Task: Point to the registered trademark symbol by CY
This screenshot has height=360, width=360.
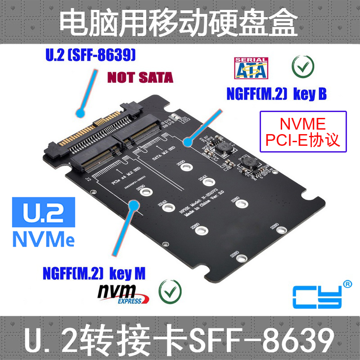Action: pos(347,284)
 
